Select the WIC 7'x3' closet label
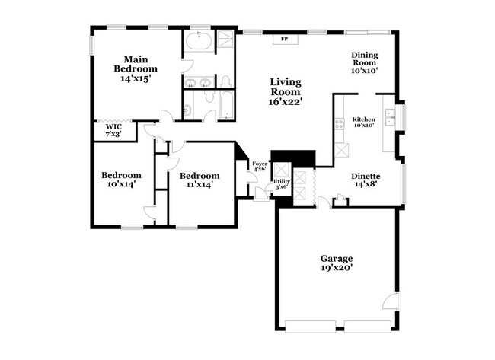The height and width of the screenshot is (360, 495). coord(113,131)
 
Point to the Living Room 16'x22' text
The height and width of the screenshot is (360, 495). coord(286,92)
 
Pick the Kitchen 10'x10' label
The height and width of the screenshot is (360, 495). coord(363,123)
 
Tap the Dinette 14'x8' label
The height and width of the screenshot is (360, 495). coord(366,180)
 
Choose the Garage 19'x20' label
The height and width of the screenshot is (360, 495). coord(336,263)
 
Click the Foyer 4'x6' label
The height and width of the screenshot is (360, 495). coord(259,165)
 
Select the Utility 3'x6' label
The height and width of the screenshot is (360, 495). coord(280,183)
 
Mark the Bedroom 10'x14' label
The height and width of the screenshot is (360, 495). coord(122,180)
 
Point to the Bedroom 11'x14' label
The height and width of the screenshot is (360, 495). coord(200,180)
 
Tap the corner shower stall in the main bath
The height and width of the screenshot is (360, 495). coord(226,40)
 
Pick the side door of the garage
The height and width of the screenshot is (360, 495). coord(391,301)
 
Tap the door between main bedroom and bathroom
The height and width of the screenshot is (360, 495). coord(184,78)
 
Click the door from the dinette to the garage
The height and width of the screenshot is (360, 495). coord(324,202)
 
